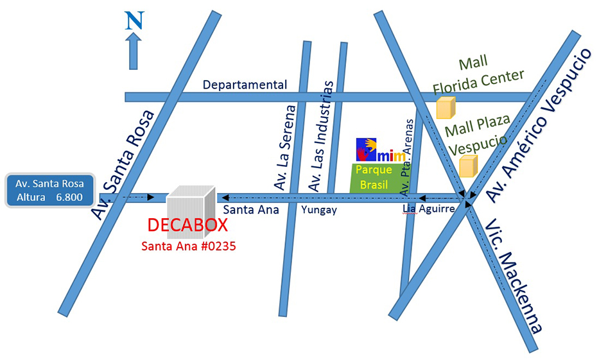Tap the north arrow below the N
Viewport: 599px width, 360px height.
click(134, 51)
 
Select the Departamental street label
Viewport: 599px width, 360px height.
click(244, 84)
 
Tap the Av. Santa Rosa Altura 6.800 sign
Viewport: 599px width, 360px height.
click(49, 191)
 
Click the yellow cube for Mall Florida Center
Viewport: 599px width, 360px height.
click(446, 108)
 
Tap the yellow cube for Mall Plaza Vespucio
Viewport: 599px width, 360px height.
click(468, 166)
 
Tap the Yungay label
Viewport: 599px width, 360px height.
click(320, 209)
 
